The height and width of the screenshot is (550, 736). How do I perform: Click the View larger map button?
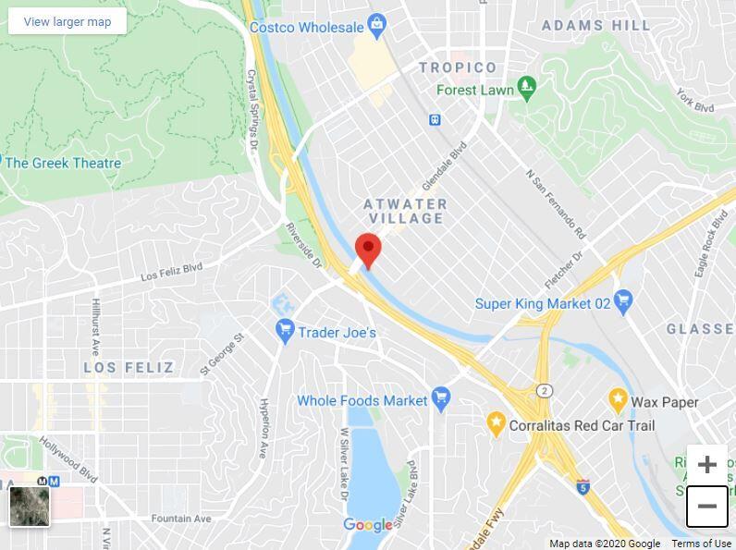tap(67, 21)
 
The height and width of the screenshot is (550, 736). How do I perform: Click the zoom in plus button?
tap(707, 464)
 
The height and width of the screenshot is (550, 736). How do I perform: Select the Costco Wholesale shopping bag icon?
tap(376, 27)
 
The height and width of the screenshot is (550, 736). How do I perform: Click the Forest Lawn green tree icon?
tap(527, 90)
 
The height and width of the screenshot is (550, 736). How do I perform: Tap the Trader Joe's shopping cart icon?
tap(286, 330)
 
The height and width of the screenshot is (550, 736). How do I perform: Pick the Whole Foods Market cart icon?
tap(441, 400)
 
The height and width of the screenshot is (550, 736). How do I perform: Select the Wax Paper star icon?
tap(618, 401)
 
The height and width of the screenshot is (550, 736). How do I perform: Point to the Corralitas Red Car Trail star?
tap(496, 425)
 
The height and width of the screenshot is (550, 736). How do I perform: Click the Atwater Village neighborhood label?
tap(406, 211)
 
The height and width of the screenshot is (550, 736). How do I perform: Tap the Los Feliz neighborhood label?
tap(129, 368)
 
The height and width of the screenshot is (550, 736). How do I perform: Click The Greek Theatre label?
tap(63, 164)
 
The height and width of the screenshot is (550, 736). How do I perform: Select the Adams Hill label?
tap(596, 26)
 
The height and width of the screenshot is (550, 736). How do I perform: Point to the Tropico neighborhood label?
tap(458, 67)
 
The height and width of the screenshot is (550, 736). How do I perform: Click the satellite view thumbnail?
tap(30, 506)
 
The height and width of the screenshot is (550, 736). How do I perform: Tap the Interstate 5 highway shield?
tap(583, 485)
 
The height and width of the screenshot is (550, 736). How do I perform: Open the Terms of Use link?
tap(701, 544)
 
